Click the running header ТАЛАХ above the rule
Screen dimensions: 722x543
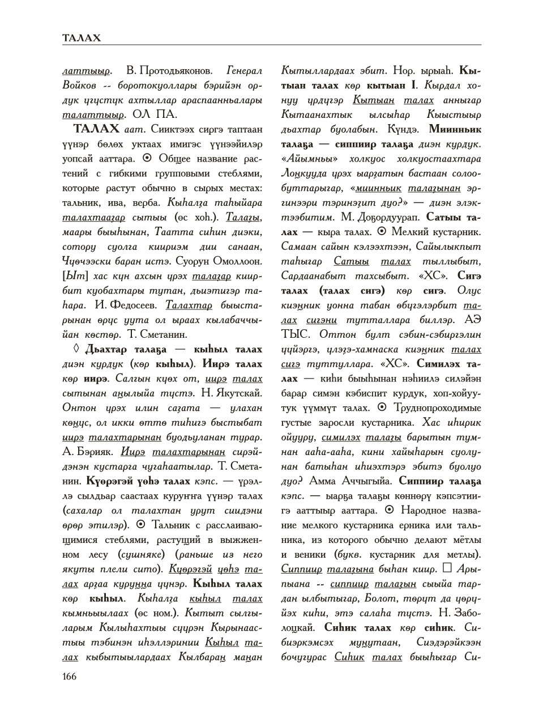(82, 38)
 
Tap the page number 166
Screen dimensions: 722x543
(70, 676)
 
